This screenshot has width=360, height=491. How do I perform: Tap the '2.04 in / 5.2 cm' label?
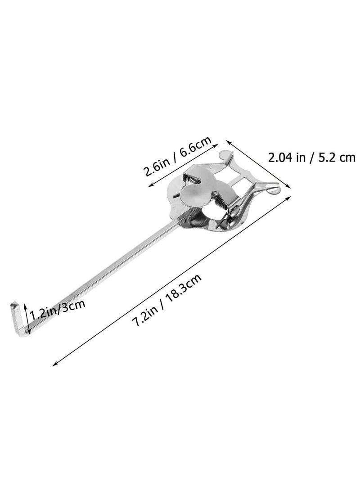(x=311, y=157)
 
